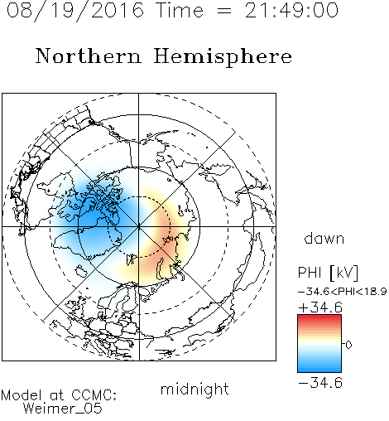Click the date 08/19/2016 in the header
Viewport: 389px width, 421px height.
75,11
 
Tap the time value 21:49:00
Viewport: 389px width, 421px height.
291,11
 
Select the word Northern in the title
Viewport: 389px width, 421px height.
89,56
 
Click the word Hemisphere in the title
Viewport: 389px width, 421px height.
223,57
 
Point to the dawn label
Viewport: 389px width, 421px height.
324,238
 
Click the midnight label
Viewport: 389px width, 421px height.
194,390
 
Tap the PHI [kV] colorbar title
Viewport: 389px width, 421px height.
328,273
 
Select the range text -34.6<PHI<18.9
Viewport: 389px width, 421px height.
342,292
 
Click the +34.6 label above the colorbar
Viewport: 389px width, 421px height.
320,307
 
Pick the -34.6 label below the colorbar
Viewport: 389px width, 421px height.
320,383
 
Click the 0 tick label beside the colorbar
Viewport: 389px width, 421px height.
348,345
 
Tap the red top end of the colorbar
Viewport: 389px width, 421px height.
319,317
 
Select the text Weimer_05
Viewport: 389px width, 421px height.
63,409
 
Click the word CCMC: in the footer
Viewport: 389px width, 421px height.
94,395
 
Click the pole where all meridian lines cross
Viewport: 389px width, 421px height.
139,227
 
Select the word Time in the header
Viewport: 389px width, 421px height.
180,11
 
